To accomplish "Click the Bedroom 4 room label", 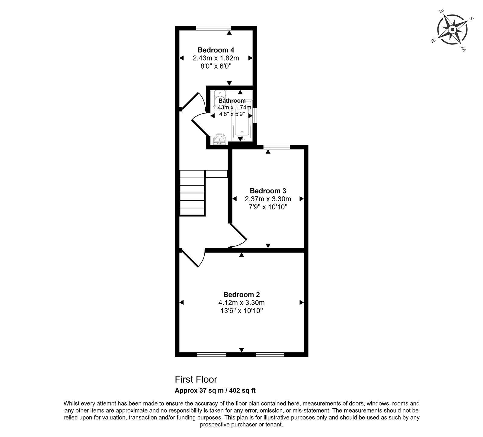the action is [x=216, y=50].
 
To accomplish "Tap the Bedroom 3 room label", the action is [x=268, y=191].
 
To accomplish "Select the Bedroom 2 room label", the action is [x=241, y=294].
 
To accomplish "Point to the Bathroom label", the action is [x=232, y=101].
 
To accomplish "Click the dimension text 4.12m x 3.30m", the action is [x=241, y=303].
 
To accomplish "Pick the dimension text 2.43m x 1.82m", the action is [x=216, y=58].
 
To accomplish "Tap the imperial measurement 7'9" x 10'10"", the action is [x=268, y=207].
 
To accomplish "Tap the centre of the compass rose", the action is [x=452, y=30].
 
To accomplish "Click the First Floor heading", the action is [x=196, y=379].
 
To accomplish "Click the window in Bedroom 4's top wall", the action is [x=213, y=28].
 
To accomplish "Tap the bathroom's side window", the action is [x=255, y=115].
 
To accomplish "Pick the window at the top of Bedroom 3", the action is [x=277, y=147].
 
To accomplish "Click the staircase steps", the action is [x=193, y=193].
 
